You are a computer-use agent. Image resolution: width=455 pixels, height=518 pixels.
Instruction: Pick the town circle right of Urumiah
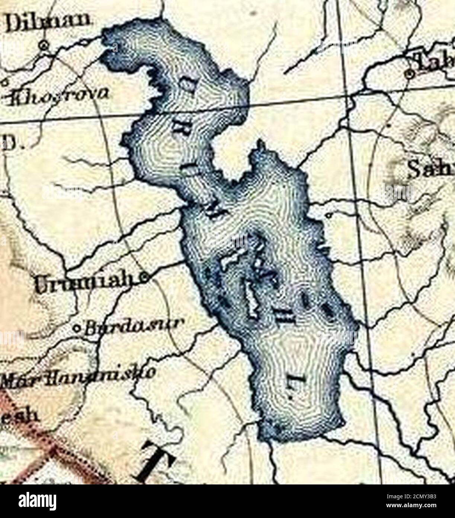(144, 277)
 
